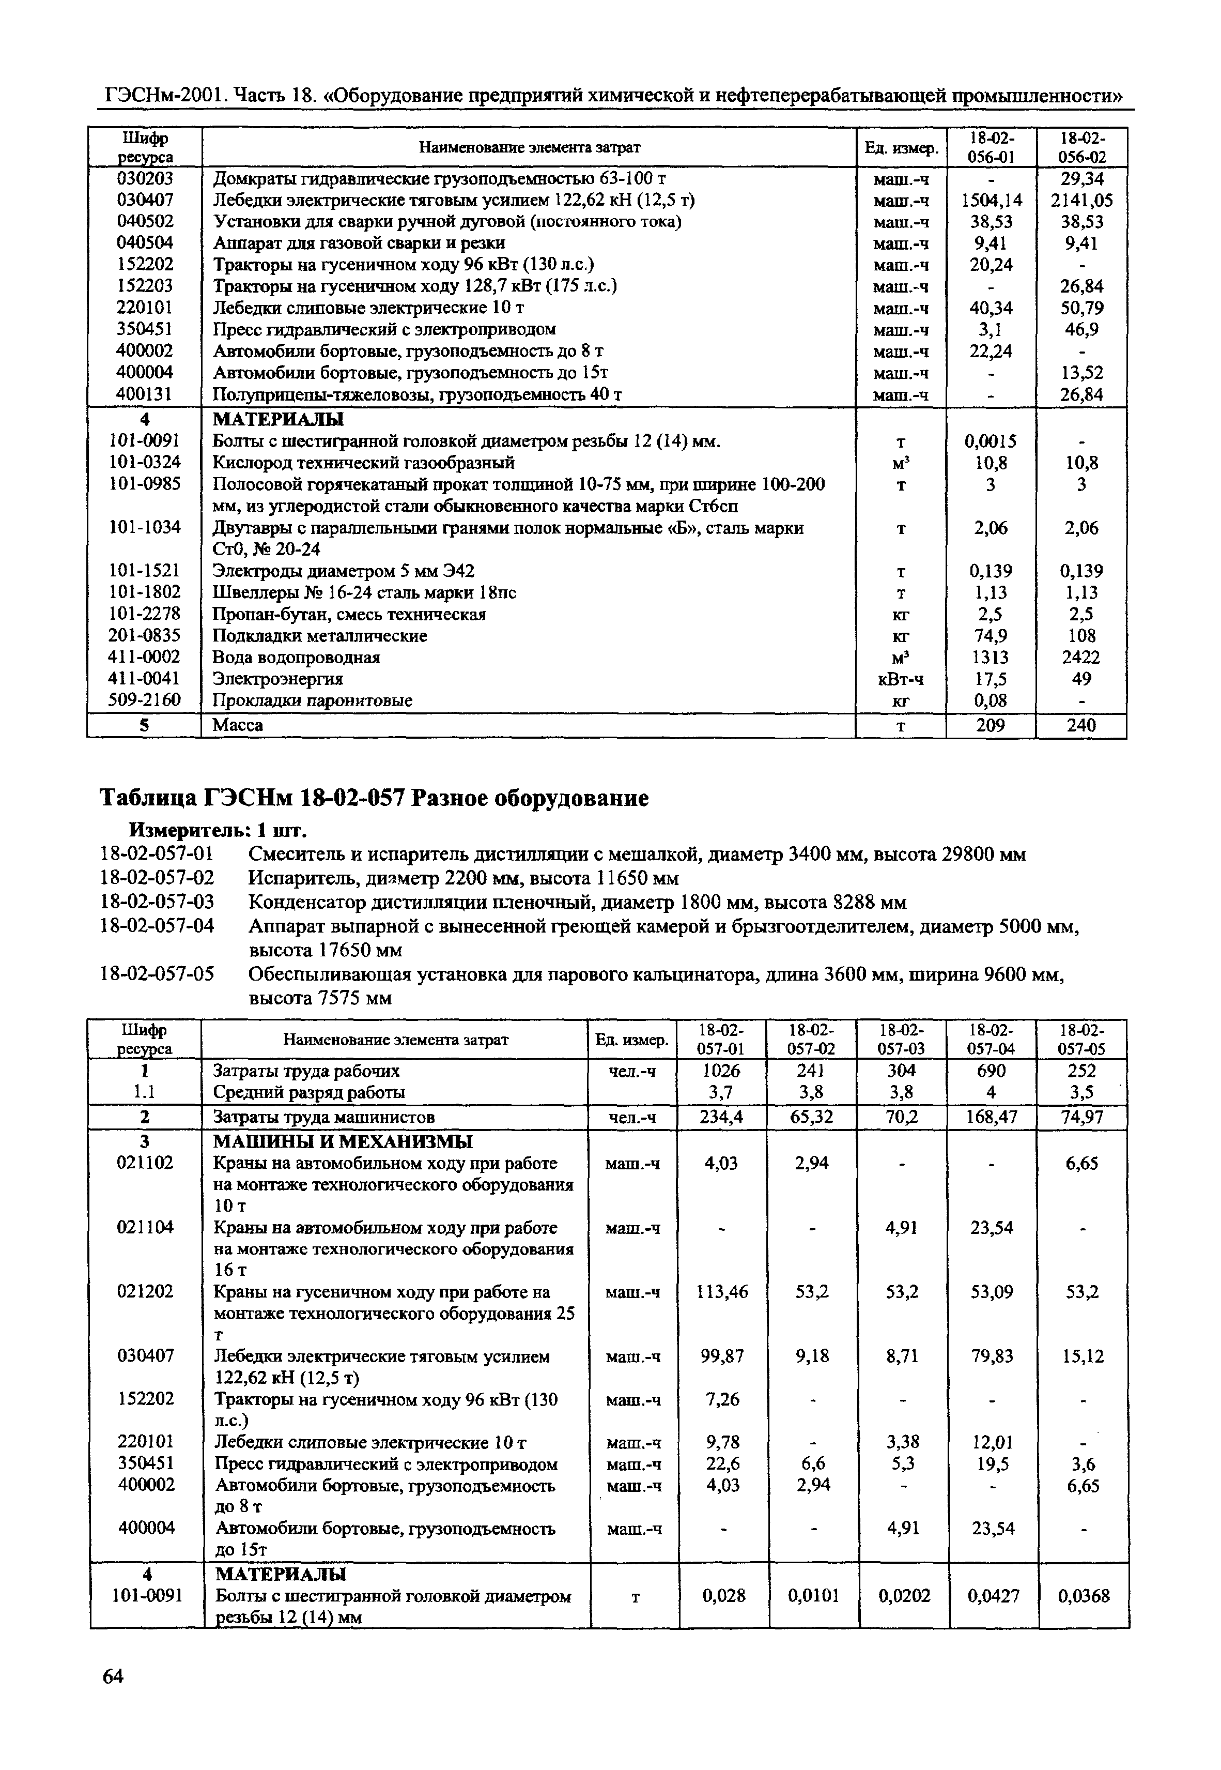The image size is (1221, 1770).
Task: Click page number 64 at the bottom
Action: pyautogui.click(x=113, y=1676)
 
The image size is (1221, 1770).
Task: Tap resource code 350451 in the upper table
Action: pyautogui.click(x=145, y=329)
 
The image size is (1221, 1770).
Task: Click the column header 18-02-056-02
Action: pyautogui.click(x=1082, y=147)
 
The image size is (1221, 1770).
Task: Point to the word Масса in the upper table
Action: pyautogui.click(x=237, y=725)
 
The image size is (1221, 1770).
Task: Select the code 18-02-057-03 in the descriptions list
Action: pyautogui.click(x=157, y=902)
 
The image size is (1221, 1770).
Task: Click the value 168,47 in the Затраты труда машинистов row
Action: pyautogui.click(x=992, y=1117)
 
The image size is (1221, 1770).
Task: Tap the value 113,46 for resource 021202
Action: pyautogui.click(x=722, y=1292)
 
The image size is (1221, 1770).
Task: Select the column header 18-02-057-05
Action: pyautogui.click(x=1082, y=1039)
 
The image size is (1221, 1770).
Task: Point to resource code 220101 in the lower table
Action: pyautogui.click(x=145, y=1442)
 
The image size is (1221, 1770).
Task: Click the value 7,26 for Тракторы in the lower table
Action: pyautogui.click(x=722, y=1400)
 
